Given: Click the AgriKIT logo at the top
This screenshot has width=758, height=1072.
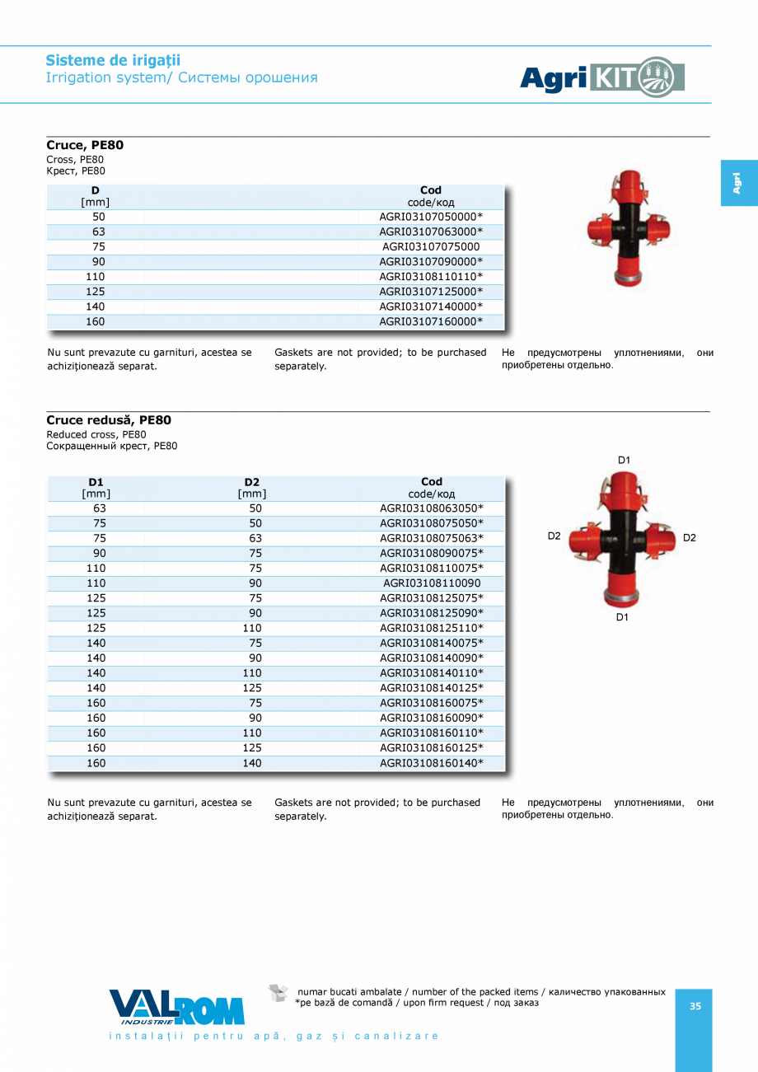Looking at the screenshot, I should click(x=602, y=77).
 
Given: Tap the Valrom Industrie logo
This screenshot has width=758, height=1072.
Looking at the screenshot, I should click(x=176, y=1007).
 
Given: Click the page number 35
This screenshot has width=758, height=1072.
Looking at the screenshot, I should click(x=695, y=1006).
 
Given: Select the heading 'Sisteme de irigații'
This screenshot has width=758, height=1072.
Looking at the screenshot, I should click(x=113, y=60).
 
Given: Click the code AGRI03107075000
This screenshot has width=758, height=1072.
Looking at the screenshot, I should click(x=431, y=246).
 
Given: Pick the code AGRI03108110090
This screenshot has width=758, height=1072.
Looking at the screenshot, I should click(x=431, y=583).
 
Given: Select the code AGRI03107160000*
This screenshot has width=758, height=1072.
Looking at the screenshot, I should click(x=431, y=321).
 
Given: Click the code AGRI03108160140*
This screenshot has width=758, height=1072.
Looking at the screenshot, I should click(x=431, y=763).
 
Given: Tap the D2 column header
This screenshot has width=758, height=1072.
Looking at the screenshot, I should click(x=252, y=487).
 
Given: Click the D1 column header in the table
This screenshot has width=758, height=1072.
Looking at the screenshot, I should click(x=96, y=487).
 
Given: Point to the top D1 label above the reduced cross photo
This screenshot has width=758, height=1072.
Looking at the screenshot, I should click(x=624, y=460).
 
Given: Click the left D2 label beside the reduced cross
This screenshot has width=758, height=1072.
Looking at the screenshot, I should click(x=554, y=536).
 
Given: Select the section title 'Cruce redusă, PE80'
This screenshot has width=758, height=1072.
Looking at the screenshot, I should click(x=109, y=420).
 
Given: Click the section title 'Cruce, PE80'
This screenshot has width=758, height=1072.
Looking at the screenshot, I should click(x=85, y=145).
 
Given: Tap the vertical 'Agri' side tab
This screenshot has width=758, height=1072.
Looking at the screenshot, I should click(x=738, y=183).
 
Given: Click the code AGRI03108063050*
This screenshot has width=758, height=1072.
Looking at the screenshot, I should click(x=431, y=508).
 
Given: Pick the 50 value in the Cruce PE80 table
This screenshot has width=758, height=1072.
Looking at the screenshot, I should click(x=99, y=217).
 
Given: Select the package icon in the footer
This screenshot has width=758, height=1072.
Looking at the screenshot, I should click(x=278, y=993).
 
